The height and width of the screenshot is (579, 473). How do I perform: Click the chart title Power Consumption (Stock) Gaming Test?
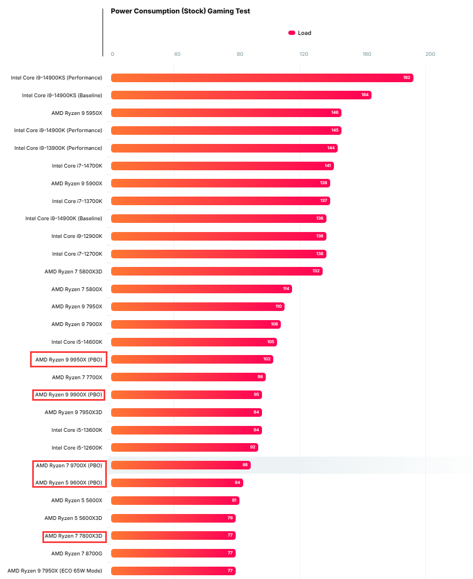(x=180, y=11)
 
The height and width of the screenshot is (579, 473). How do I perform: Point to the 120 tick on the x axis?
(x=304, y=54)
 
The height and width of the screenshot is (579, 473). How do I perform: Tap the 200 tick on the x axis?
(x=430, y=54)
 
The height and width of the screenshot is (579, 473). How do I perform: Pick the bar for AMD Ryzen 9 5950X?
(x=225, y=113)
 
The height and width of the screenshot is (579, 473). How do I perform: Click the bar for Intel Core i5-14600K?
(x=193, y=342)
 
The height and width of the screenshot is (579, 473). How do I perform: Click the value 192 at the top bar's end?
(x=407, y=78)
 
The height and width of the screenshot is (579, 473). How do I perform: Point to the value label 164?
(x=365, y=95)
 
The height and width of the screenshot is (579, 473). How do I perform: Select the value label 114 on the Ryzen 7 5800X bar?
(x=286, y=289)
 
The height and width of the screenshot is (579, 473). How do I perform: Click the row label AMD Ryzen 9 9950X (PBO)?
(x=69, y=359)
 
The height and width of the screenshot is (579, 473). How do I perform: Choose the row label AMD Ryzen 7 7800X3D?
(x=73, y=535)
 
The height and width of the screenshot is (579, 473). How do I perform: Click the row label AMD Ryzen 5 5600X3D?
(x=73, y=518)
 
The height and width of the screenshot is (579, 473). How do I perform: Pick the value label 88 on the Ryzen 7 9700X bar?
(x=245, y=465)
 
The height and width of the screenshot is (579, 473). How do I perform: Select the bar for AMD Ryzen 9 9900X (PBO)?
(x=185, y=395)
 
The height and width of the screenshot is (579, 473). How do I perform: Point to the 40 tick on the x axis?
(x=177, y=54)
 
